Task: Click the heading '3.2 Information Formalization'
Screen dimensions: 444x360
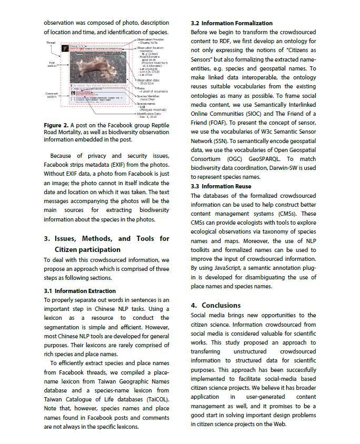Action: pos(232,23)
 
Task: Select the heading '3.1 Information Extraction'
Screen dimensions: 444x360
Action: pos(79,290)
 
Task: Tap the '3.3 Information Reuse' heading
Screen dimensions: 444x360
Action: pos(221,186)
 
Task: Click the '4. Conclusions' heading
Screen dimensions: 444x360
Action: pos(216,305)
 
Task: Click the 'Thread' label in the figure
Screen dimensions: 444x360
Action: pos(51,43)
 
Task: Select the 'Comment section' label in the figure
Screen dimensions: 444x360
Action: pos(52,95)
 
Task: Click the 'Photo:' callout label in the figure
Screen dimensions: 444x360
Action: pos(141,88)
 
